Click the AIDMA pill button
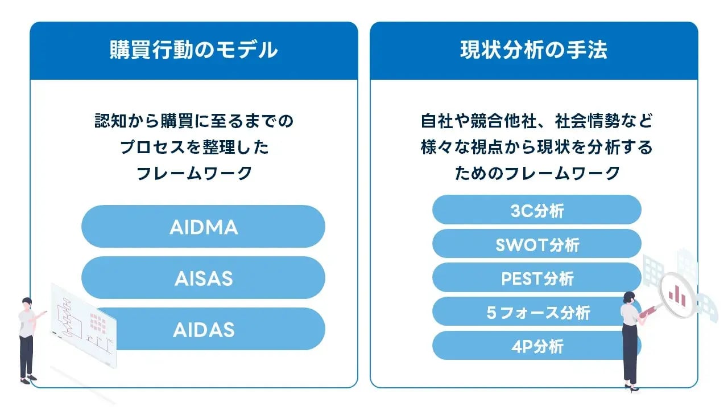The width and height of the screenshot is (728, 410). click(x=203, y=227)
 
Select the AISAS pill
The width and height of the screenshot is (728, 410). click(x=203, y=278)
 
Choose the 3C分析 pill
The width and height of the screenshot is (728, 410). click(x=536, y=210)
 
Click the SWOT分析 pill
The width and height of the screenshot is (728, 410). click(x=536, y=244)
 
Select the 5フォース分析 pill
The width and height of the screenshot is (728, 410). click(x=536, y=312)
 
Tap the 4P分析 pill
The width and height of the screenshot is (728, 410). click(x=536, y=346)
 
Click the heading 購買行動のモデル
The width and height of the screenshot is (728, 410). click(x=193, y=50)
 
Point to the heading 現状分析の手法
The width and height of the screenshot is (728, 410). click(x=533, y=50)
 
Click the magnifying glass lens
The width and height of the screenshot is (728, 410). click(x=676, y=294)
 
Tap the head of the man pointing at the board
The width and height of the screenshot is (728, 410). click(x=28, y=304)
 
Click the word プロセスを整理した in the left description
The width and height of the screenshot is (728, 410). click(x=194, y=147)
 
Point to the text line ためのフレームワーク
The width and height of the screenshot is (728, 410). click(x=536, y=173)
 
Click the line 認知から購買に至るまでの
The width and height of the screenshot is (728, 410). click(x=194, y=121)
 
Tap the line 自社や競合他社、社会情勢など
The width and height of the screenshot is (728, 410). click(x=536, y=121)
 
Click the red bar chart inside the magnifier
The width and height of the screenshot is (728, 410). click(x=677, y=294)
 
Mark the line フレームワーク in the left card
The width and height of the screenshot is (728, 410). click(x=194, y=173)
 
